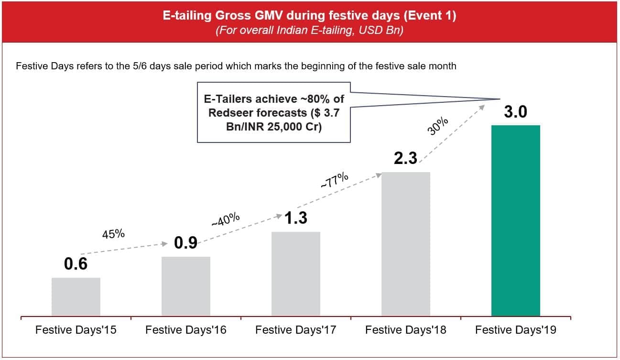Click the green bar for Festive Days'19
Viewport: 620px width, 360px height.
click(516, 220)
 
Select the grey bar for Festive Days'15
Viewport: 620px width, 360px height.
click(76, 296)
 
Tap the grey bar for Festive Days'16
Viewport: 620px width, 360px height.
click(186, 286)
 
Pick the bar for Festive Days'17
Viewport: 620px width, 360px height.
click(296, 273)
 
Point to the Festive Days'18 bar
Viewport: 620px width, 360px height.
click(406, 244)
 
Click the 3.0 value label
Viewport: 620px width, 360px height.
click(515, 112)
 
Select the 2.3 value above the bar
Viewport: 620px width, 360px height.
click(405, 158)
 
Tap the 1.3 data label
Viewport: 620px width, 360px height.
click(295, 218)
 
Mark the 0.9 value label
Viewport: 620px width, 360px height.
click(185, 243)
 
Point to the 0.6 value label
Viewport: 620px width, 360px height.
click(76, 264)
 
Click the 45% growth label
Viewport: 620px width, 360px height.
click(113, 234)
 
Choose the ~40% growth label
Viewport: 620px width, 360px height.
click(225, 219)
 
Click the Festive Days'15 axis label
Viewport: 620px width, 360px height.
click(76, 330)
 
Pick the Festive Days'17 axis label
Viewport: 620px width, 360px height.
click(296, 330)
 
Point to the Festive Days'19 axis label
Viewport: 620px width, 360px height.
click(516, 330)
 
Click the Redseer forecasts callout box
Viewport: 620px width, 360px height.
click(273, 112)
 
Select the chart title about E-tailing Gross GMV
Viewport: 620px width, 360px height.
click(310, 16)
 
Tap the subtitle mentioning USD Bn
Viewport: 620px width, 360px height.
click(310, 31)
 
